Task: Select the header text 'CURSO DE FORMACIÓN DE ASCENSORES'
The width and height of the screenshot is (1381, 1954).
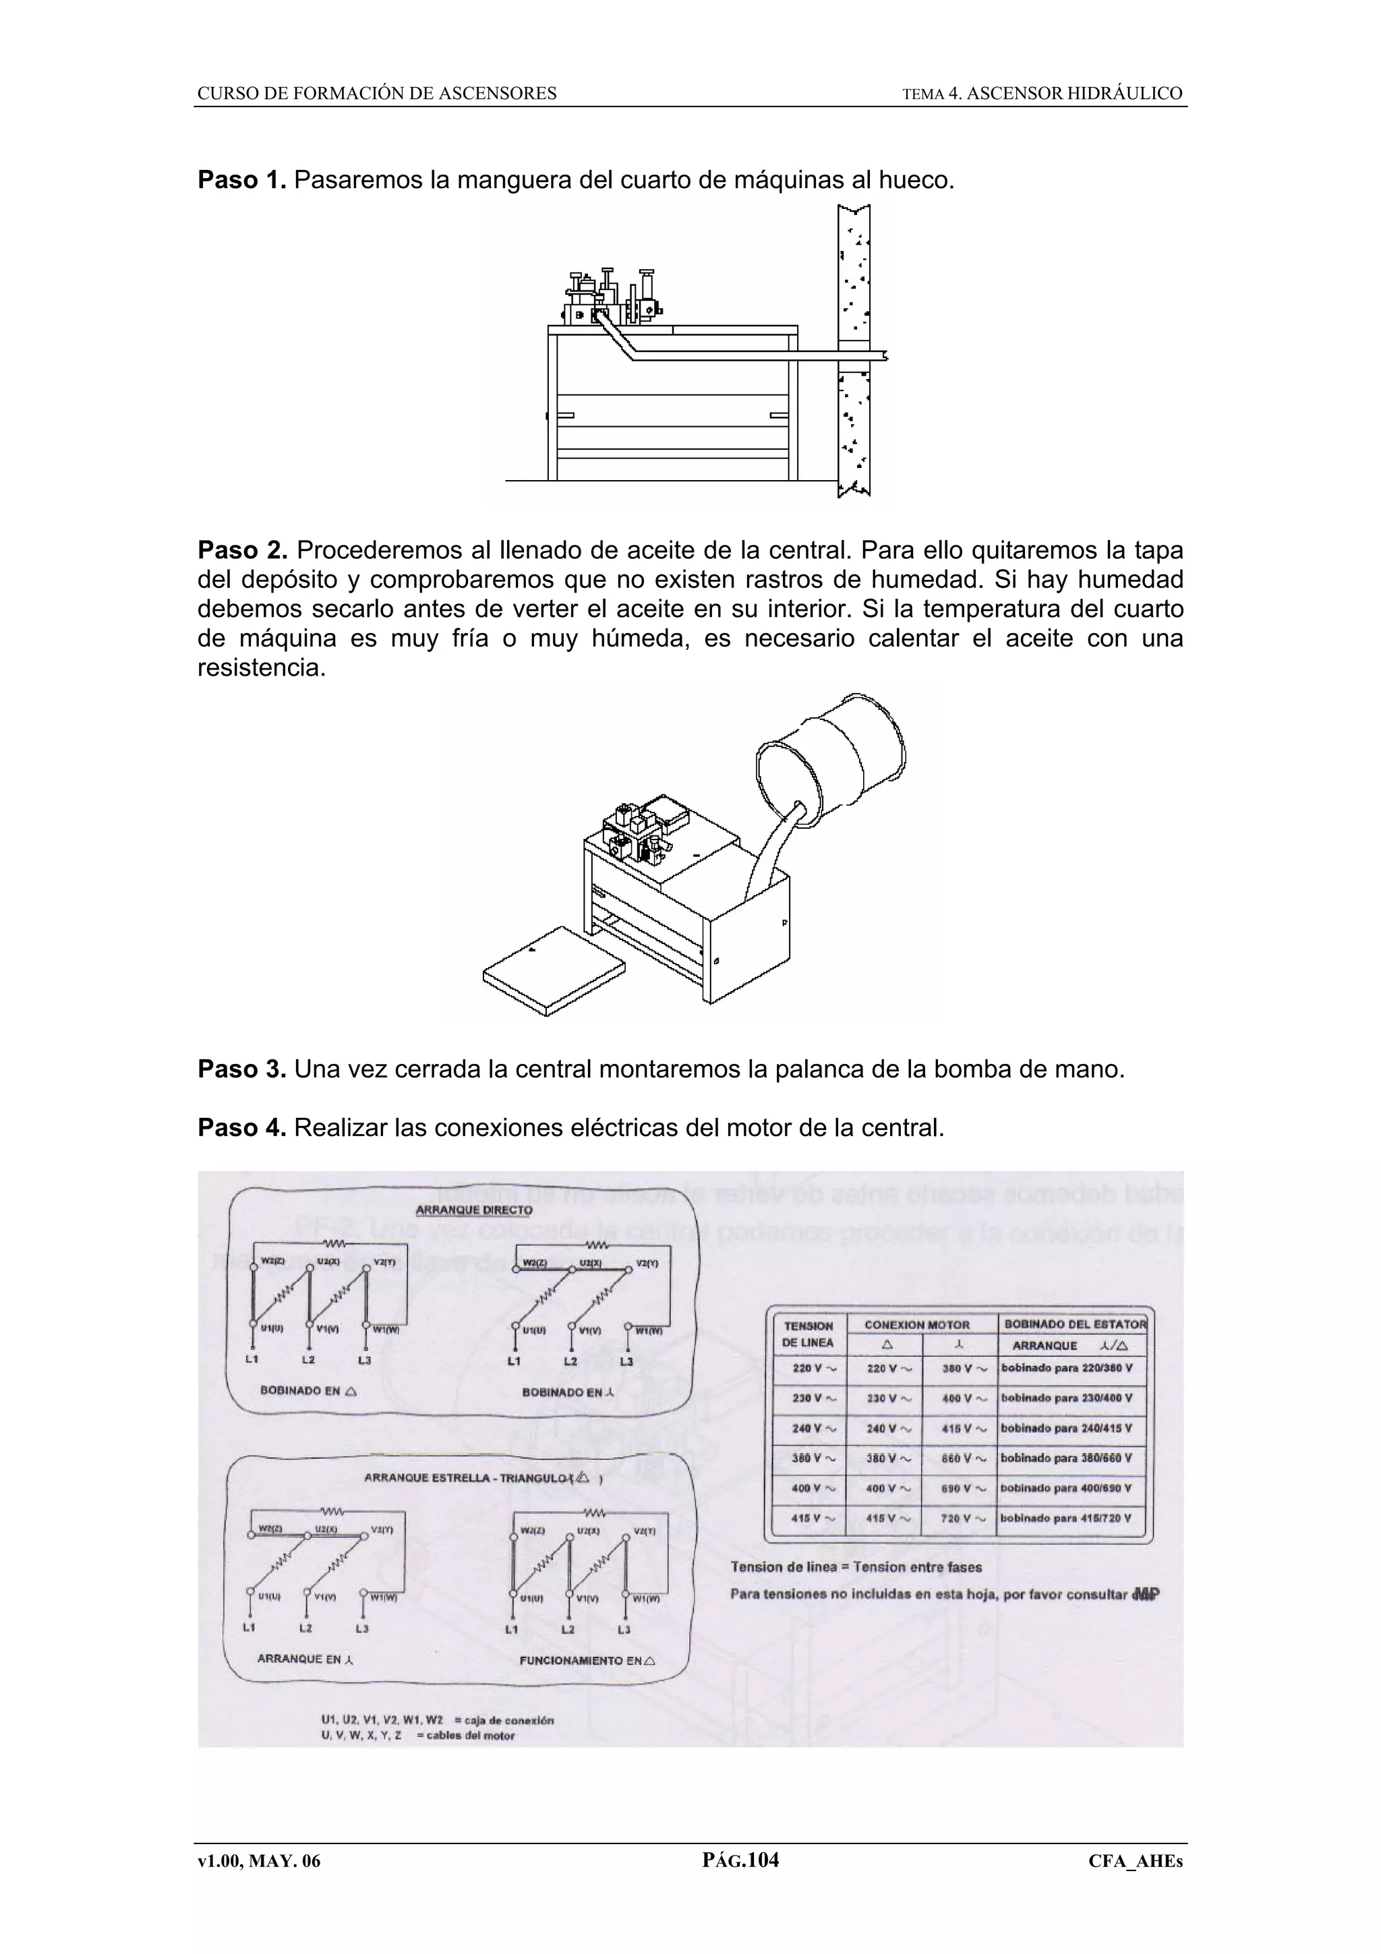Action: pos(377,94)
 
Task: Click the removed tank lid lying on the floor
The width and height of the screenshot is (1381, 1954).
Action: pos(553,970)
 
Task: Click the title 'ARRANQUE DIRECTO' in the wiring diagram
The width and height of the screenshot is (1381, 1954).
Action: pos(473,1210)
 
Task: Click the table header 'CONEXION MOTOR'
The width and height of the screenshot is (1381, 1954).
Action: pos(916,1325)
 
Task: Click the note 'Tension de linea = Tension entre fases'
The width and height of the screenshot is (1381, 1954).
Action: pos(856,1567)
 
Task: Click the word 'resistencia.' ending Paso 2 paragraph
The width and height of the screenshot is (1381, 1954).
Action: pos(261,668)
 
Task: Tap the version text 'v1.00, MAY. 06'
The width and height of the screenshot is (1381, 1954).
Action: pos(259,1861)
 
